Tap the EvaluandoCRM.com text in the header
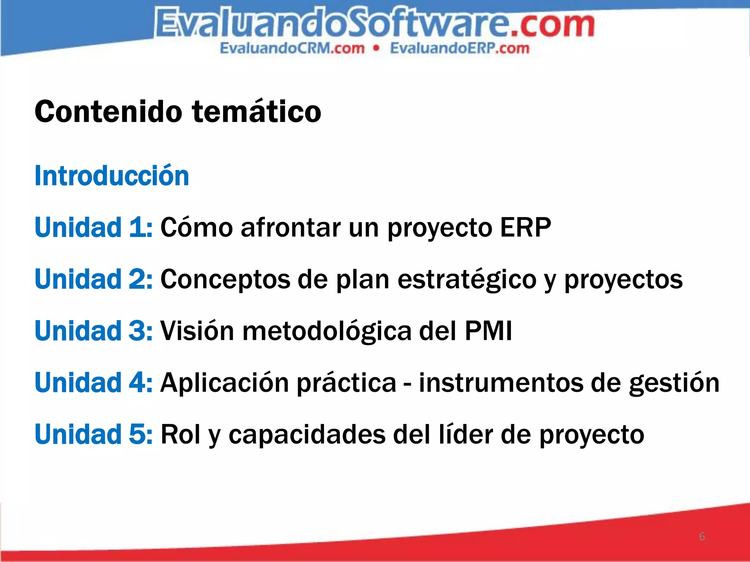[292, 48]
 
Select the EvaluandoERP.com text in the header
[460, 48]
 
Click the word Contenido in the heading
[108, 112]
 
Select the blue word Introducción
[112, 176]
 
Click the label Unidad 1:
[93, 228]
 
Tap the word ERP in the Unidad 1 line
[525, 228]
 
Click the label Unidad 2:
[93, 279]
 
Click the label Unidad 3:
[93, 331]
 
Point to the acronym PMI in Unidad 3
[488, 331]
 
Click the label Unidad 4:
[93, 382]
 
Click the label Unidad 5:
[93, 434]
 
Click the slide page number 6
[702, 536]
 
